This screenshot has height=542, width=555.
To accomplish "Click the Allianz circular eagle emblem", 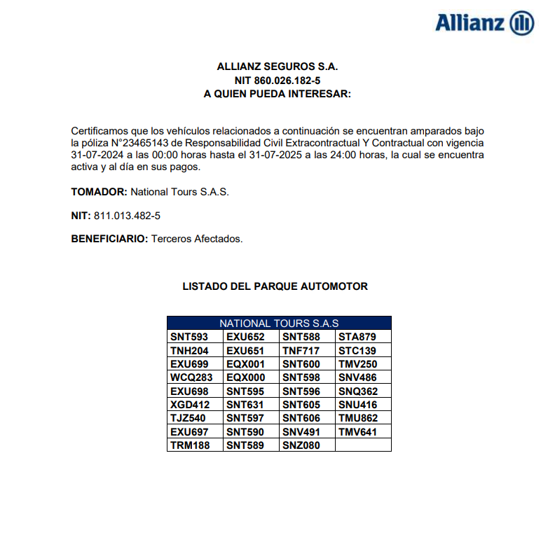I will [522, 22].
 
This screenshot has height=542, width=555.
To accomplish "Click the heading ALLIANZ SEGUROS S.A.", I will [277, 67].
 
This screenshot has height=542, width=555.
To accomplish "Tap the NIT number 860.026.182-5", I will [277, 81].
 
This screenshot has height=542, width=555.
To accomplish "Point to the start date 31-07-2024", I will [97, 155].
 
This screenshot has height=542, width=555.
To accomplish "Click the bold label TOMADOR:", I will [99, 191].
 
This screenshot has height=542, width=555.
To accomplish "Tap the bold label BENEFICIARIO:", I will [109, 239].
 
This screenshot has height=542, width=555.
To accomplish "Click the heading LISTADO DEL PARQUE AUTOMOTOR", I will [275, 286].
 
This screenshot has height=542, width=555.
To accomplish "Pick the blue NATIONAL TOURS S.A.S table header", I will [279, 324].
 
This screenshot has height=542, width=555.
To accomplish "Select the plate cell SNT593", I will [189, 337].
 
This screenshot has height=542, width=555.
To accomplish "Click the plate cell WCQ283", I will [191, 377].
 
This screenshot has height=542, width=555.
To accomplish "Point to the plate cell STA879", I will [357, 337].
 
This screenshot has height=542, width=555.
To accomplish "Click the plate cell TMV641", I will [357, 432].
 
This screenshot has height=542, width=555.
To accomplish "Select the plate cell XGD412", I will [190, 405].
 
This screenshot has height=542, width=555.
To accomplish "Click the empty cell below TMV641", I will [363, 445].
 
